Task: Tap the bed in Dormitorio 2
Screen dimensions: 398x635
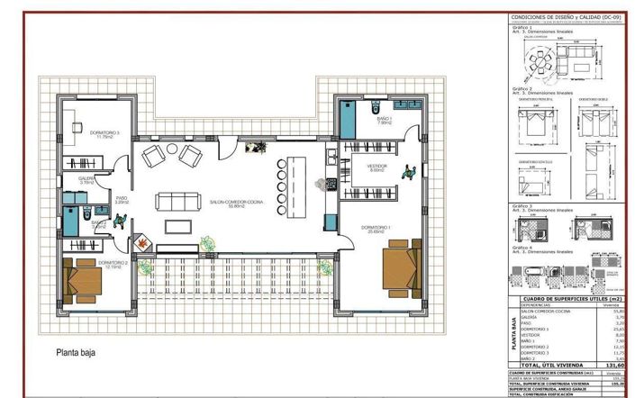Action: (84, 281)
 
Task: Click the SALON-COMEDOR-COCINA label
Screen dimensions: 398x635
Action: (235, 204)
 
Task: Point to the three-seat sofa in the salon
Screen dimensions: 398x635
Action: (176, 200)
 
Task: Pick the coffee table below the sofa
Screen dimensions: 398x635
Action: (178, 223)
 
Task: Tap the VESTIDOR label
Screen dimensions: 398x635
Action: (376, 167)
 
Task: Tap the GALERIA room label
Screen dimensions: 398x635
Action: (86, 179)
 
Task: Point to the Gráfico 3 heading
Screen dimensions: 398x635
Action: (522, 206)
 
